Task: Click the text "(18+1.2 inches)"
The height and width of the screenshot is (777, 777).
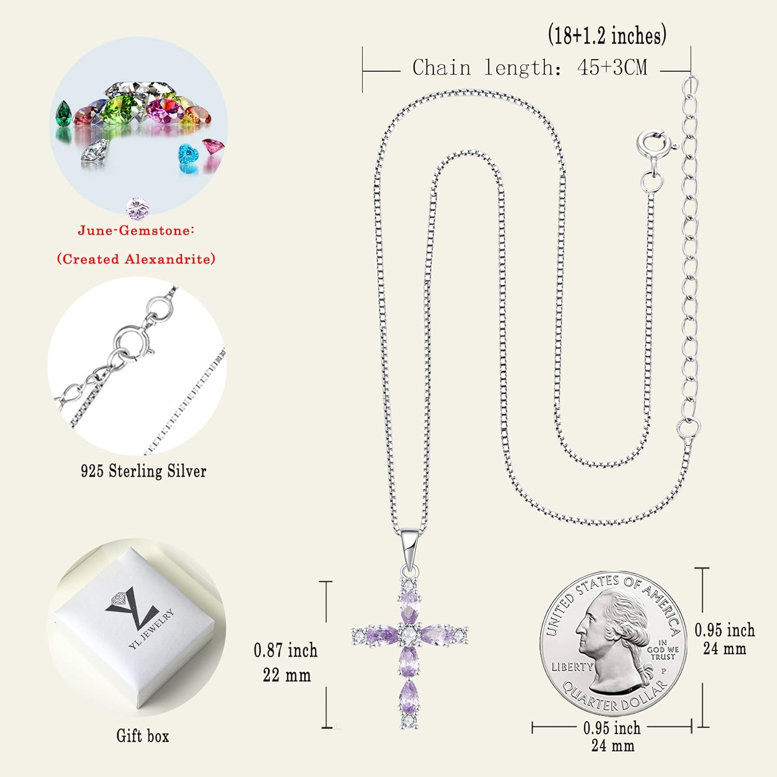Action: point(607,36)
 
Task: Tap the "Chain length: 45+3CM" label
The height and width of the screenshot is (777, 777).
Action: point(529,68)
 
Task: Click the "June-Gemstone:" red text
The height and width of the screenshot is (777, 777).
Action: point(136,231)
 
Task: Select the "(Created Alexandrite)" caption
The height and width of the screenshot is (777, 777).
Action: point(136,258)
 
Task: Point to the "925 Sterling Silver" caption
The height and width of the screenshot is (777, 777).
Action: point(143,471)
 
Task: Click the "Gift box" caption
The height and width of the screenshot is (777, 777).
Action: point(142,736)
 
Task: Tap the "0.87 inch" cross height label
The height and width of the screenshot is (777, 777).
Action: point(285,650)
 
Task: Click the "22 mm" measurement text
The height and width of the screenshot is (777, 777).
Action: point(286,675)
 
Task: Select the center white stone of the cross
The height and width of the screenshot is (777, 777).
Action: point(409,634)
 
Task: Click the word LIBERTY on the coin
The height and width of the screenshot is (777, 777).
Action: point(571,667)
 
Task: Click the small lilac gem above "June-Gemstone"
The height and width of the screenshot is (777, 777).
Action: point(137,208)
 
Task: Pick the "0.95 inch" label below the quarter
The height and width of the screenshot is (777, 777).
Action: point(612,728)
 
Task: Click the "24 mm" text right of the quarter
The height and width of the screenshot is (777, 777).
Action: point(724,649)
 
